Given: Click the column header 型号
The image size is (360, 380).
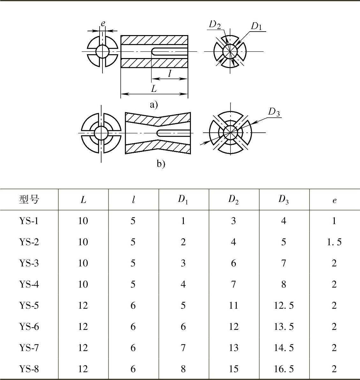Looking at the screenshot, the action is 29,200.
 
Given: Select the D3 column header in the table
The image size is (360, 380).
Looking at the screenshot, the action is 283,200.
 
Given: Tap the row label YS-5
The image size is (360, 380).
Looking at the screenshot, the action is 29,305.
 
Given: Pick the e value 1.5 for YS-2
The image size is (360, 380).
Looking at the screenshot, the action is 334,242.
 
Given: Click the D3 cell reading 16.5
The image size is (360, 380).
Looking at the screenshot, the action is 284,369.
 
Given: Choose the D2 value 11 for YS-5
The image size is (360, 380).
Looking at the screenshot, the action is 233,305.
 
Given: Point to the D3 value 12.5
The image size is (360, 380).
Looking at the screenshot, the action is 284,305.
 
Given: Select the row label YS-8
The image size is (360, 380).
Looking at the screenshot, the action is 29,369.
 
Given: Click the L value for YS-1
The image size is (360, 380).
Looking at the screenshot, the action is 83,221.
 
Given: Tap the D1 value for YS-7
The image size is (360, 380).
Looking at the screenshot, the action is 183,348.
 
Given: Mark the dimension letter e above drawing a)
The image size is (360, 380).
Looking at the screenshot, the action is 103,24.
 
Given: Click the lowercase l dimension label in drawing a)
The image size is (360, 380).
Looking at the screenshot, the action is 169,73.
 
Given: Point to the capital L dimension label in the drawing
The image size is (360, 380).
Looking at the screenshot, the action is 154,89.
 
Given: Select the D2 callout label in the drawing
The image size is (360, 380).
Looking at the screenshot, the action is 215,24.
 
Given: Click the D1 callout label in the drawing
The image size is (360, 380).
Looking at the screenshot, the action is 256,26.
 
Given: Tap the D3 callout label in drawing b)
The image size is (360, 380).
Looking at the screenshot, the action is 274,112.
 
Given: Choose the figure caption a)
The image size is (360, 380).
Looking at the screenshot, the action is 154,105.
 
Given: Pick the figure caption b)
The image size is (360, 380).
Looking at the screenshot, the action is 161,164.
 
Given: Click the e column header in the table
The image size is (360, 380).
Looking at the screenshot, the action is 334,200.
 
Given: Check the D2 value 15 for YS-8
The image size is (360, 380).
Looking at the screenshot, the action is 233,369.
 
